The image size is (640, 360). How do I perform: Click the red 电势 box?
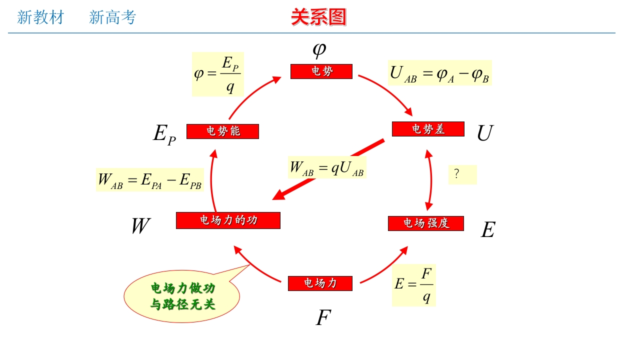click(321, 71)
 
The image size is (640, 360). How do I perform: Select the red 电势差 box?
click(428, 129)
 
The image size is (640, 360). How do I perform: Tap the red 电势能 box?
click(222, 131)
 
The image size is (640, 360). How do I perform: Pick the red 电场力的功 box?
click(228, 220)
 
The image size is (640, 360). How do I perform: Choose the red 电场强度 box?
click(426, 223)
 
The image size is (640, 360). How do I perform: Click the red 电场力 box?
click(320, 283)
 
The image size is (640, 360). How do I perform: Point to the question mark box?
click(462, 174)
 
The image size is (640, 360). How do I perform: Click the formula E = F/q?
click(413, 285)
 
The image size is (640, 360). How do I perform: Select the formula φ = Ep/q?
click(217, 74)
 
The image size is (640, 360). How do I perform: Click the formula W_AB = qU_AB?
click(327, 168)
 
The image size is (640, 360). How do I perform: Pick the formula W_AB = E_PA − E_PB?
click(149, 180)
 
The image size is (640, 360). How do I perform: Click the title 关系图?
click(318, 17)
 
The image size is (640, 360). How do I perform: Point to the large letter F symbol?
click(323, 318)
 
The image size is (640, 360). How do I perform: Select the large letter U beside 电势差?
click(484, 133)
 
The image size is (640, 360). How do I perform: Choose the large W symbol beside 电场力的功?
click(140, 226)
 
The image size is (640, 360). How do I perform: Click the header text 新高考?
click(112, 17)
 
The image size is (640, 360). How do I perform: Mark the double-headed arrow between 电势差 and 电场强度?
click(429, 180)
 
